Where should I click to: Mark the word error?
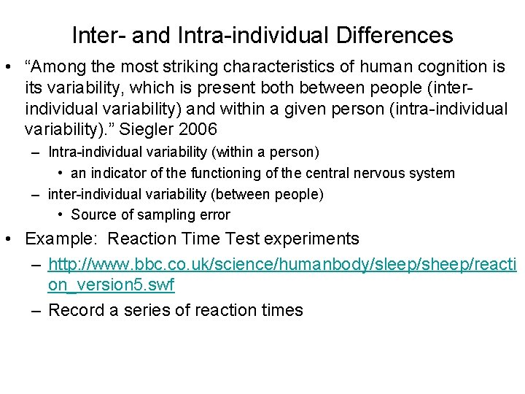215,215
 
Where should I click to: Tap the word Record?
76,310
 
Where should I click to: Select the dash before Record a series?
36,310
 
